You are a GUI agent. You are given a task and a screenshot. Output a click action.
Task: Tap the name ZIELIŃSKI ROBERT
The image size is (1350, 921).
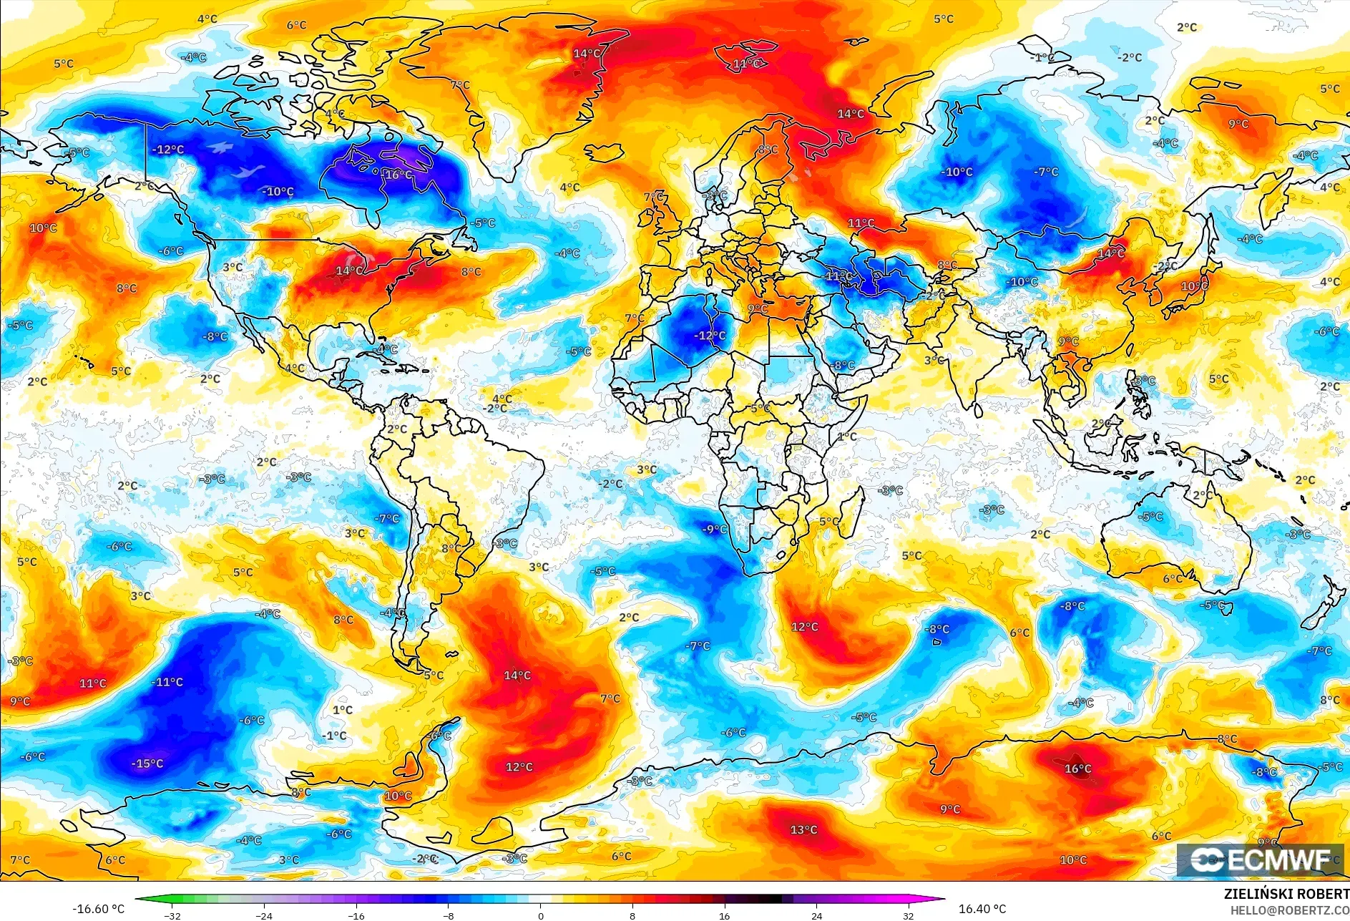tap(1286, 894)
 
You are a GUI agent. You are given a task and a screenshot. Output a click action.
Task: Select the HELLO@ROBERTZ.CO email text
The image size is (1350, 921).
tap(1289, 910)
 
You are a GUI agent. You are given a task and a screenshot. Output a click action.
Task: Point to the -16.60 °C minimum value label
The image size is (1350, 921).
tap(98, 909)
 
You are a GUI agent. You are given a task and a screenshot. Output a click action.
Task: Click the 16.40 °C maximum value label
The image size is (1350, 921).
tap(982, 909)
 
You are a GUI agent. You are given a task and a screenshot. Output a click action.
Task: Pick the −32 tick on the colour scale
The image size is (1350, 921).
tap(172, 915)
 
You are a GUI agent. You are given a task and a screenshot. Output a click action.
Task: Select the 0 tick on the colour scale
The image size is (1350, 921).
tap(540, 915)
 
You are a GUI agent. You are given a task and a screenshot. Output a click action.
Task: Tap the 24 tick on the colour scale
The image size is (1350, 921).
tap(816, 915)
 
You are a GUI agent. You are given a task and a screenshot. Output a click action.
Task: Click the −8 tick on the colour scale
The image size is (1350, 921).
tap(448, 915)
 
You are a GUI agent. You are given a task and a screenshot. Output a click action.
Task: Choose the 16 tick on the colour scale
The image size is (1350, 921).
tap(724, 915)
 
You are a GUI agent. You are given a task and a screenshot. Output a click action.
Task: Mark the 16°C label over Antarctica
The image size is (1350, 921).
tap(1077, 769)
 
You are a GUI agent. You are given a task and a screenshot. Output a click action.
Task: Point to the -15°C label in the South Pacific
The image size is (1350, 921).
tap(147, 764)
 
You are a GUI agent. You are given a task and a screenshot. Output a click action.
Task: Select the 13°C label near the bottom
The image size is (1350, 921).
tap(803, 830)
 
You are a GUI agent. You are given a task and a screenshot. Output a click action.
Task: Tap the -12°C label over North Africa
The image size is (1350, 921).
tap(710, 336)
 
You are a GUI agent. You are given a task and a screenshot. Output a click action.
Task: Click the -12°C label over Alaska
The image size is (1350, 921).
tap(168, 150)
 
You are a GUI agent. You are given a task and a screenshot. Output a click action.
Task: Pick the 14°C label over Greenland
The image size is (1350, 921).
tap(587, 54)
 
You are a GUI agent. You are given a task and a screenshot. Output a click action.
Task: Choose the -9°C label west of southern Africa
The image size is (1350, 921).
tap(714, 530)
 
